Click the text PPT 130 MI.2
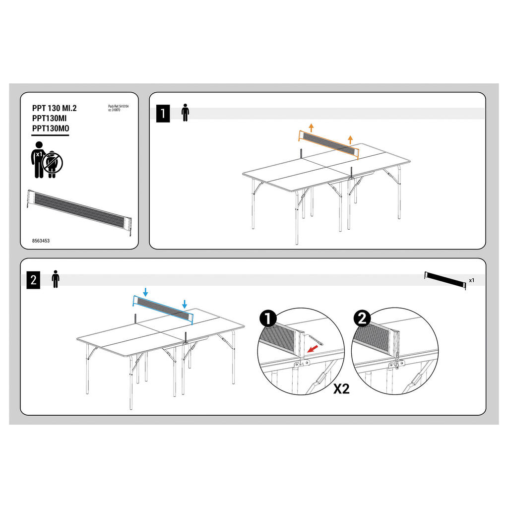coord(55,108)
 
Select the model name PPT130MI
coord(49,118)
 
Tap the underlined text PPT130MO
coord(51,128)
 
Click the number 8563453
coord(41,241)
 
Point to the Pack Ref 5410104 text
coord(119,106)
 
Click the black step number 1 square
coord(163,114)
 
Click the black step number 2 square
coord(33,280)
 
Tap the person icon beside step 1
coord(186,113)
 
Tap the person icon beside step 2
coord(56,279)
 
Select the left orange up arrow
coord(312,127)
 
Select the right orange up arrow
coord(350,140)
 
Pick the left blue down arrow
coord(146,292)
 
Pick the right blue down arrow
coord(185,304)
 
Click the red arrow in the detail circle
coord(313,349)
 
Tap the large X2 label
coord(342,389)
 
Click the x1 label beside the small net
coord(472,280)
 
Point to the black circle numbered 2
coord(362,318)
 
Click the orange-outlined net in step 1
coord(328,144)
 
